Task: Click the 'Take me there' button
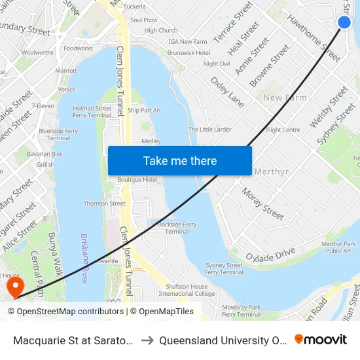pos(180,160)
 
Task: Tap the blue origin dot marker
pos(344,23)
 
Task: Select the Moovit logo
pos(320,340)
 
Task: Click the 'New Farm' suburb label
pos(285,98)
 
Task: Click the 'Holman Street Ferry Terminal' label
pos(92,111)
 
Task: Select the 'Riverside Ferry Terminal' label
pos(58,134)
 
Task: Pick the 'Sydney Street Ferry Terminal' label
pos(224,268)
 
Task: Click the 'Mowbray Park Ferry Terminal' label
pos(241,310)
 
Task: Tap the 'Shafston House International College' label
pos(187,290)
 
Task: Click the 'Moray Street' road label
pos(263,204)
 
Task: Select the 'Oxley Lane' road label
pos(227,91)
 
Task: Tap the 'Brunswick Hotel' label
pos(189,52)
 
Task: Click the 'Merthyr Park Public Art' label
pos(338,247)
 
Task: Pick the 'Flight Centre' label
pos(283,130)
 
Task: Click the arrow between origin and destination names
pos(148,340)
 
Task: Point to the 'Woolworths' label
pos(37,52)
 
